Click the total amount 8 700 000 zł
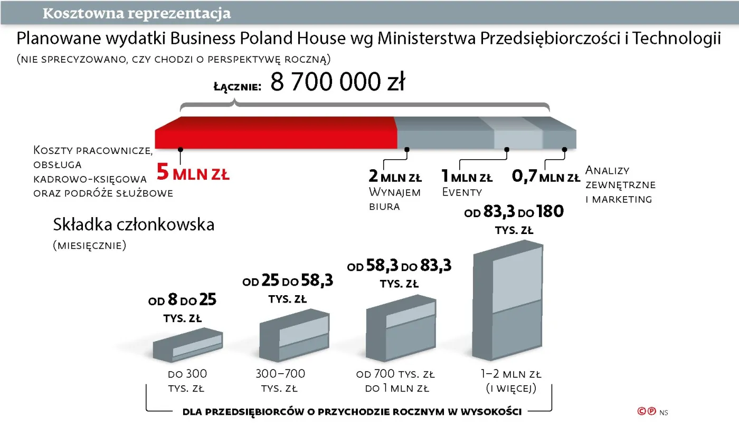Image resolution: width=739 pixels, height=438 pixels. [337, 83]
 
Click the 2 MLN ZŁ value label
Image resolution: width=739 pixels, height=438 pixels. [395, 177]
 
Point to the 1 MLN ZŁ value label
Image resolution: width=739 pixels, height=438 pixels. [467, 177]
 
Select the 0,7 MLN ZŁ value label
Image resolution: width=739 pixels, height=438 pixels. [546, 177]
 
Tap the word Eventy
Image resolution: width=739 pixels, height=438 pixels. [462, 192]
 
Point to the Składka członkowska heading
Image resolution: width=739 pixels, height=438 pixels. [134, 225]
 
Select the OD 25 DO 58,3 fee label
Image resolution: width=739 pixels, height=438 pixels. [288, 281]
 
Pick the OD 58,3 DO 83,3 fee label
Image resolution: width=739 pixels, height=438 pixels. [399, 266]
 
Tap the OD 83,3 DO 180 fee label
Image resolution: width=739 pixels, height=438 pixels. [514, 212]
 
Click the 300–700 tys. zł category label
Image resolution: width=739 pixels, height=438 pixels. [280, 381]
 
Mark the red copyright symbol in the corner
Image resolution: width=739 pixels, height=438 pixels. [642, 411]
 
